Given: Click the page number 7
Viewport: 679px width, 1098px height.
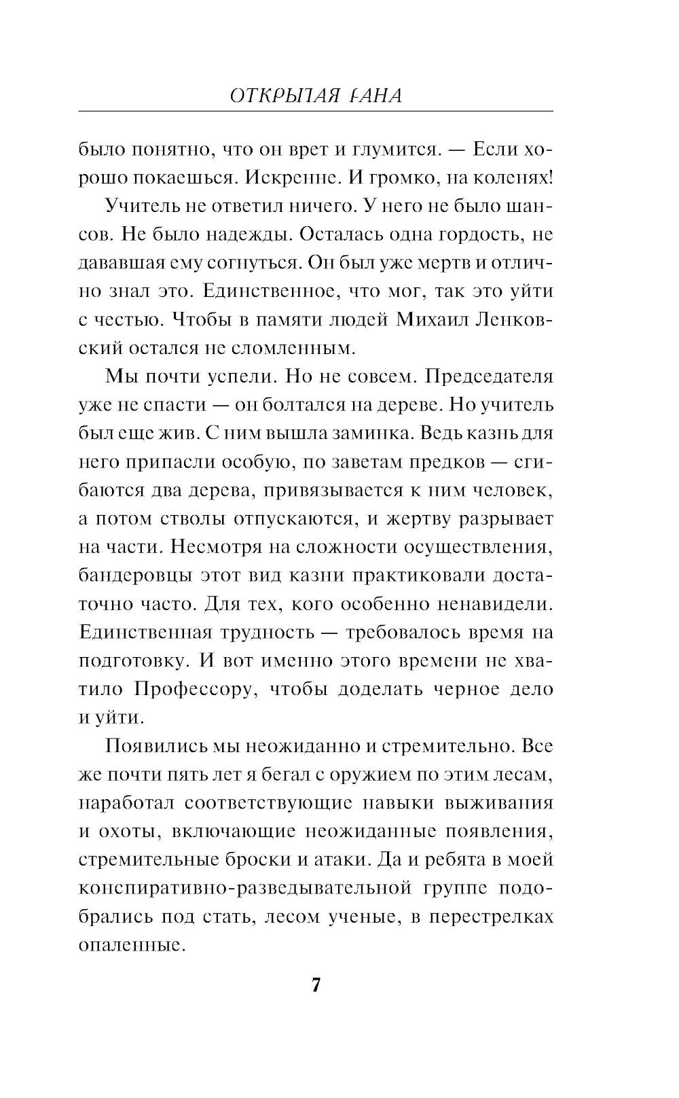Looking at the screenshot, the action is click(315, 985).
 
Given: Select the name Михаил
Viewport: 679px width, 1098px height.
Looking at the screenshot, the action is click(436, 319).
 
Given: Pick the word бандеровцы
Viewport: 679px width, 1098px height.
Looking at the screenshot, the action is click(132, 575).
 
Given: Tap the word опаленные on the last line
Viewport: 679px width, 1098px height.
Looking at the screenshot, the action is click(132, 945).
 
